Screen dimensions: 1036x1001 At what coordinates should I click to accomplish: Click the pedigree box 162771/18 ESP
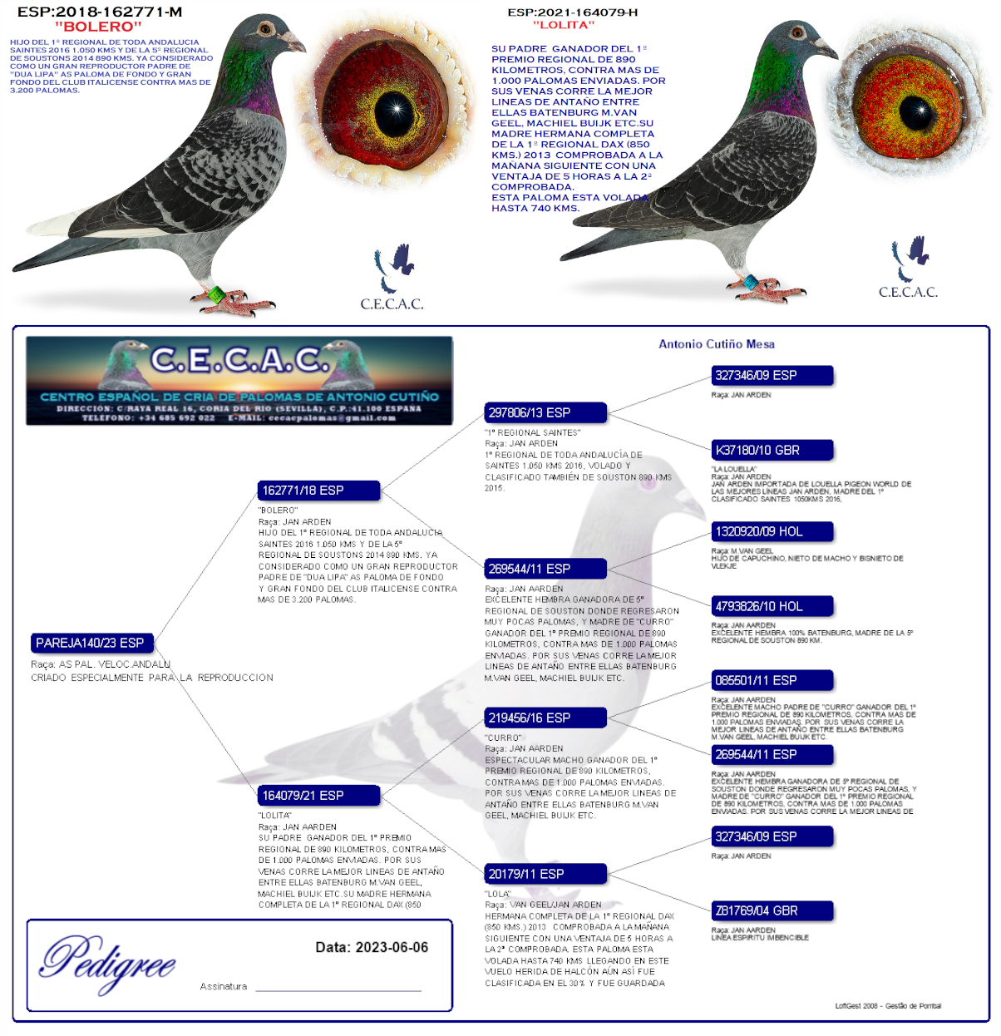click(x=318, y=491)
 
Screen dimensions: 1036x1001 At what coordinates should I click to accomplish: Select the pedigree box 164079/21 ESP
click(x=318, y=796)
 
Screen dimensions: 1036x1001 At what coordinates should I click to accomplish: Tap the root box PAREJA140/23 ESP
click(x=91, y=643)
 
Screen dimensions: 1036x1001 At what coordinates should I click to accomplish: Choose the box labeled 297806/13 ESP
click(x=545, y=412)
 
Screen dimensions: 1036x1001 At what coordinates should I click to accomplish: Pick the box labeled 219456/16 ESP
click(x=545, y=718)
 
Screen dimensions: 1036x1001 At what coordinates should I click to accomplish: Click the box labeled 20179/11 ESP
click(x=545, y=874)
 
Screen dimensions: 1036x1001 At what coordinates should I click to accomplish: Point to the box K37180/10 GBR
click(x=772, y=450)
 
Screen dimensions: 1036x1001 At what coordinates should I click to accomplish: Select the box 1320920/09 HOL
click(x=772, y=531)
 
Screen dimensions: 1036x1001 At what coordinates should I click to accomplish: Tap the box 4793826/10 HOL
click(x=772, y=606)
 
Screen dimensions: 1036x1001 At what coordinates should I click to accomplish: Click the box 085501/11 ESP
click(x=772, y=680)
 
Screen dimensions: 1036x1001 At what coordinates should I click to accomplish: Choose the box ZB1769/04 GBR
click(x=772, y=910)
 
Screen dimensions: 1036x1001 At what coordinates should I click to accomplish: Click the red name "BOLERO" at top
click(x=99, y=27)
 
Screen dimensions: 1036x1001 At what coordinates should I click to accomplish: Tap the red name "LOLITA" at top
click(x=564, y=25)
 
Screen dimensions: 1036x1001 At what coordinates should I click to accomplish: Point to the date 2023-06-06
click(x=372, y=947)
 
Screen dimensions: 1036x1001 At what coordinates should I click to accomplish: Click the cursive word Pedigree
click(x=108, y=961)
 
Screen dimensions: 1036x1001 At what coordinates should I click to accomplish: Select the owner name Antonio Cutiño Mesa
click(x=717, y=344)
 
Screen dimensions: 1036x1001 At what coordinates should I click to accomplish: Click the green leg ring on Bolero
click(x=216, y=294)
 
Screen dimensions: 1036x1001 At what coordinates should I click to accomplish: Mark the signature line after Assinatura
click(x=338, y=989)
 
